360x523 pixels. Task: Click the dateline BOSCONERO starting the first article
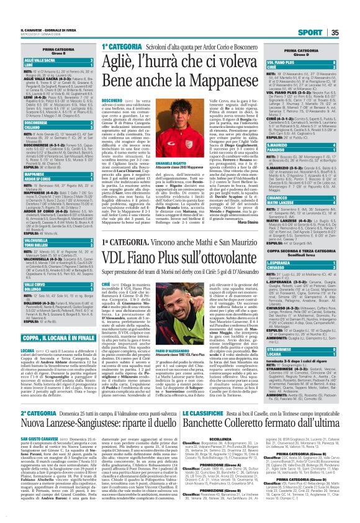[x=111, y=101]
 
